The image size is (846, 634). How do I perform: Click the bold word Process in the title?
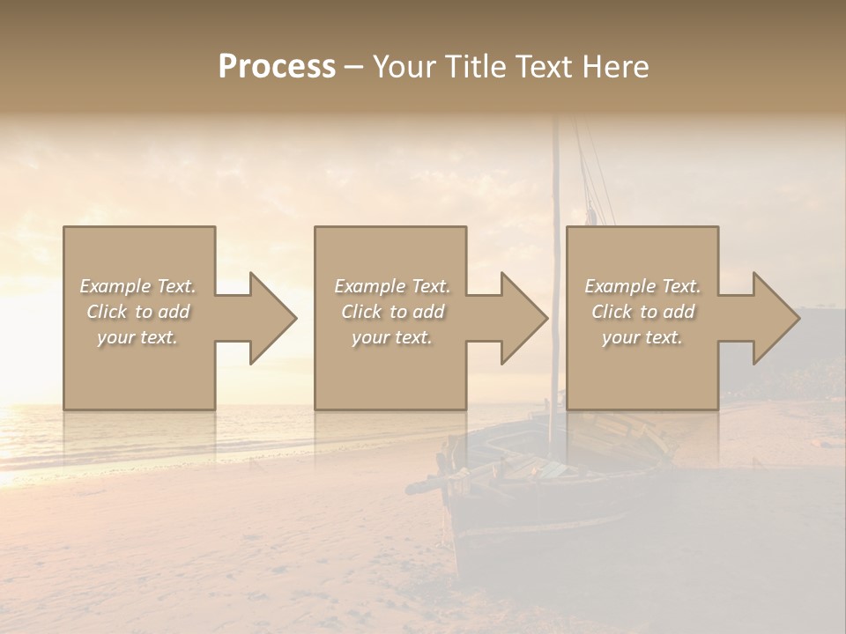tap(277, 67)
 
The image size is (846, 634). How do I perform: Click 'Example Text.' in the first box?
tap(138, 286)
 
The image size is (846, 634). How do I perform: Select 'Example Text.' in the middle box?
tap(392, 286)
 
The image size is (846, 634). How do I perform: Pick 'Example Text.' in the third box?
tap(642, 286)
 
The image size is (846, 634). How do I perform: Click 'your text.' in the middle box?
tap(391, 337)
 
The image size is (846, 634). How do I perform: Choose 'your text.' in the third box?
tap(642, 337)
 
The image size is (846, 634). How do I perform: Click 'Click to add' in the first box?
tap(138, 312)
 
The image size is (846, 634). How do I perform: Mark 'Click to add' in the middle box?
tap(392, 312)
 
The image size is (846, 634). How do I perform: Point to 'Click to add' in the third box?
tap(642, 312)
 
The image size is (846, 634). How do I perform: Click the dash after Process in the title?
tap(354, 67)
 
